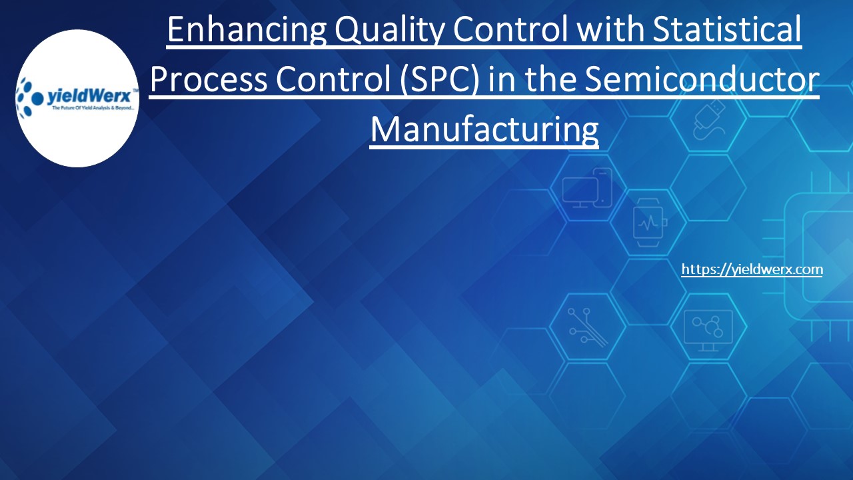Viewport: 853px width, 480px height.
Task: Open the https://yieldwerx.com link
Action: pos(752,269)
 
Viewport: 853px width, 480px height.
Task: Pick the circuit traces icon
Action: pos(586,327)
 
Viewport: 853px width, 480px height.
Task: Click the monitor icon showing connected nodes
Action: pos(707,329)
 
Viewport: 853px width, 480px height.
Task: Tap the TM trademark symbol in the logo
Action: pos(135,90)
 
